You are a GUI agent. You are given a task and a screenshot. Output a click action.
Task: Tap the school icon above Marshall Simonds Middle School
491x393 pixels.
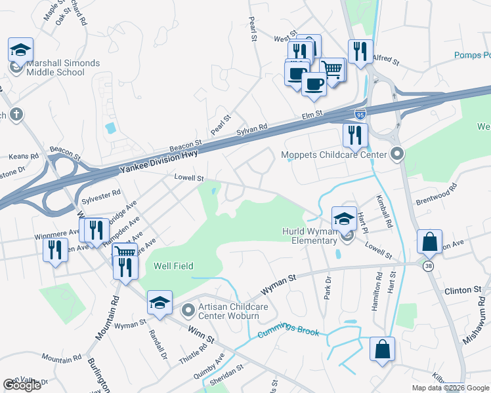(20, 50)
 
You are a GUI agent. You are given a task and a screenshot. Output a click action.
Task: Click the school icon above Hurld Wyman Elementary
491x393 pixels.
(344, 219)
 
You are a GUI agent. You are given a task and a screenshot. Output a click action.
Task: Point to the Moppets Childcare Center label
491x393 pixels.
(334, 155)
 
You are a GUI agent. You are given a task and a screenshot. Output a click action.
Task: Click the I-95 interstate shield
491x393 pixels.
(360, 113)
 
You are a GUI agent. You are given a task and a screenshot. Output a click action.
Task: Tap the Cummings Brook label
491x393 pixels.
(288, 332)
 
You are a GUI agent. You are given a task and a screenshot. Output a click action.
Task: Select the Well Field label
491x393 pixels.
(171, 266)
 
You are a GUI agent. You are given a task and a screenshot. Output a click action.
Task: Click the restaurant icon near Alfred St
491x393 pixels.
(360, 52)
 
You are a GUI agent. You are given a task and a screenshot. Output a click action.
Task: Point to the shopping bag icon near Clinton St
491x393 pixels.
(429, 242)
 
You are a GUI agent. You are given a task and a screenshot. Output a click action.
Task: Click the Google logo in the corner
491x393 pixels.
(22, 385)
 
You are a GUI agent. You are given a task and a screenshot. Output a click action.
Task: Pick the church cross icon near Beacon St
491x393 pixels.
(16, 115)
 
